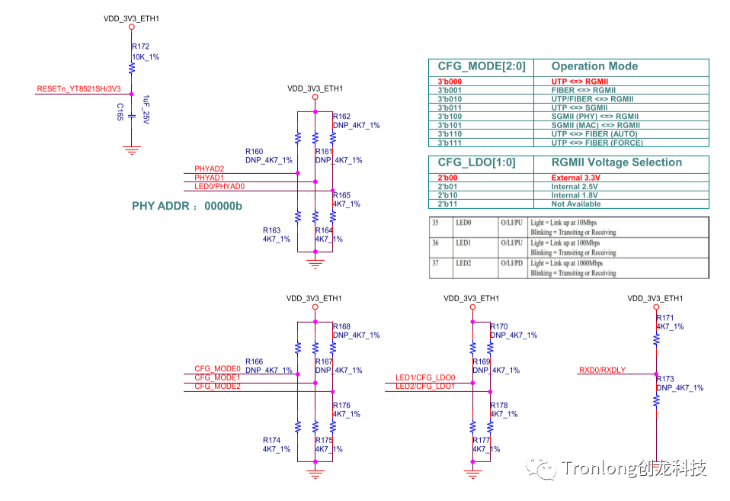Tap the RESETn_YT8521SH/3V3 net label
pyautogui.click(x=78, y=89)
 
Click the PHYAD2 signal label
pyautogui.click(x=209, y=169)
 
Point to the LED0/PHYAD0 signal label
pyautogui.click(x=219, y=186)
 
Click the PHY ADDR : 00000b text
pyautogui.click(x=187, y=206)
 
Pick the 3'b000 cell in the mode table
pyautogui.click(x=450, y=81)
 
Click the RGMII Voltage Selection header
pyautogui.click(x=616, y=162)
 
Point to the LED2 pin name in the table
pyautogui.click(x=463, y=263)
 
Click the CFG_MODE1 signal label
pyautogui.click(x=217, y=377)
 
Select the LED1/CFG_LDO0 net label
pyautogui.click(x=424, y=377)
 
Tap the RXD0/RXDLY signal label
pyautogui.click(x=602, y=371)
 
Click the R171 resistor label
pyautogui.click(x=665, y=317)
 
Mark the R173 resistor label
pyautogui.click(x=665, y=379)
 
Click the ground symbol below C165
pyautogui.click(x=132, y=149)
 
